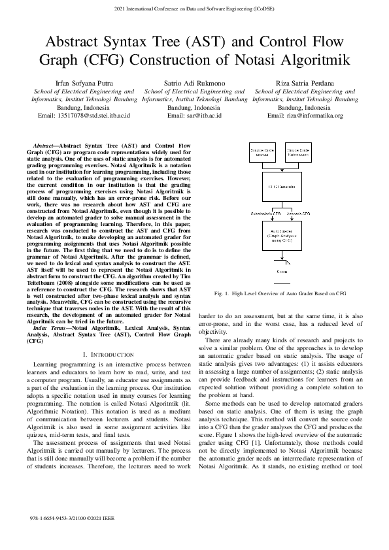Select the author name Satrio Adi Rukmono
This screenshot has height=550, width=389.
pyautogui.click(x=194, y=83)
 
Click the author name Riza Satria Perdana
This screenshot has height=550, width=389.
pyautogui.click(x=305, y=83)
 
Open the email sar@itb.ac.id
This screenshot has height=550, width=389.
pyautogui.click(x=194, y=115)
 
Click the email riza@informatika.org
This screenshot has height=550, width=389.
pyautogui.click(x=305, y=115)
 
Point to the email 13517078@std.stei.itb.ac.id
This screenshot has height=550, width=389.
pyautogui.click(x=84, y=115)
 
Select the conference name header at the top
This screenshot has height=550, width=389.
pyautogui.click(x=194, y=8)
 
